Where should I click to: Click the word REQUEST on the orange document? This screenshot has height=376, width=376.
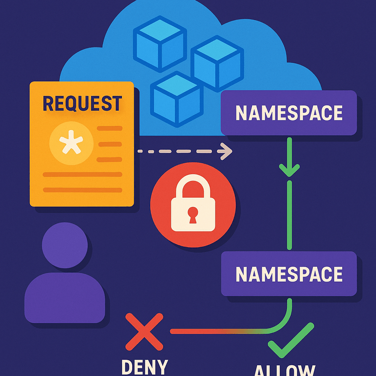pos(82,103)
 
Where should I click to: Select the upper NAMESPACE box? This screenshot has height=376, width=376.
pos(289,113)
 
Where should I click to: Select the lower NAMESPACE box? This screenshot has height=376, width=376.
pos(289,274)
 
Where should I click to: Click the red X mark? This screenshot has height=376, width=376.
pos(144,331)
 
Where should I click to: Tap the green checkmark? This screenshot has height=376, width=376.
pos(290,340)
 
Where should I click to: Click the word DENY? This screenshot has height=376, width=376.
pos(144,366)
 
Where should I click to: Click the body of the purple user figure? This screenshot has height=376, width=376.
pos(65,299)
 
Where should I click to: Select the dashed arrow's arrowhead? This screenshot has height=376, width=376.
pos(227,151)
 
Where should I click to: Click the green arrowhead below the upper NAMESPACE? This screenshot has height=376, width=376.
pos(289,169)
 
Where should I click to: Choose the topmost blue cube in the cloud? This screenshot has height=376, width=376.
pos(160,42)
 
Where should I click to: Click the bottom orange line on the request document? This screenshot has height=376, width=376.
pos(82,189)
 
